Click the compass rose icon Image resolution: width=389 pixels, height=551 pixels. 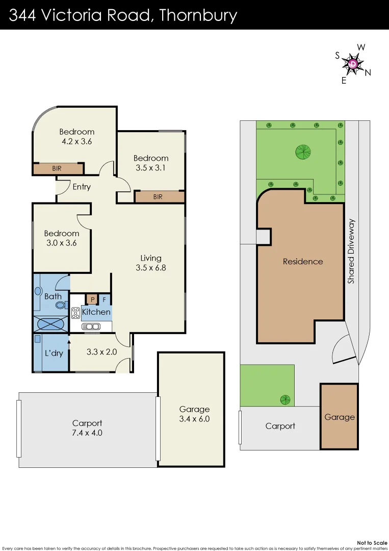[x=353, y=64]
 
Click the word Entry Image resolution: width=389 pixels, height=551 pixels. [x=82, y=187]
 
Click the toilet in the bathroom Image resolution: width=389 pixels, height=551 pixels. [x=60, y=306]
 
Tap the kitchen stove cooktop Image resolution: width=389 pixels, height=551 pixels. [x=75, y=313]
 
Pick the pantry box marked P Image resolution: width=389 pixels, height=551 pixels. [x=93, y=299]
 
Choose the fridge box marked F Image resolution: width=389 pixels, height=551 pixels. [x=105, y=299]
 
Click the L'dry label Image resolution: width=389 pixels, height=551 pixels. [x=54, y=353]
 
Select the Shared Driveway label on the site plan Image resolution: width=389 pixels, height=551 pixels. [x=351, y=252]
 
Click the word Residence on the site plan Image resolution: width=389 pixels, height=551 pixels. [x=303, y=261]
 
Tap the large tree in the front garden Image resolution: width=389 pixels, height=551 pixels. [x=303, y=151]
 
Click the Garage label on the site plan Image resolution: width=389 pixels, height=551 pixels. [x=340, y=417]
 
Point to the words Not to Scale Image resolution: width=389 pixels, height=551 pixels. [x=372, y=542]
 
